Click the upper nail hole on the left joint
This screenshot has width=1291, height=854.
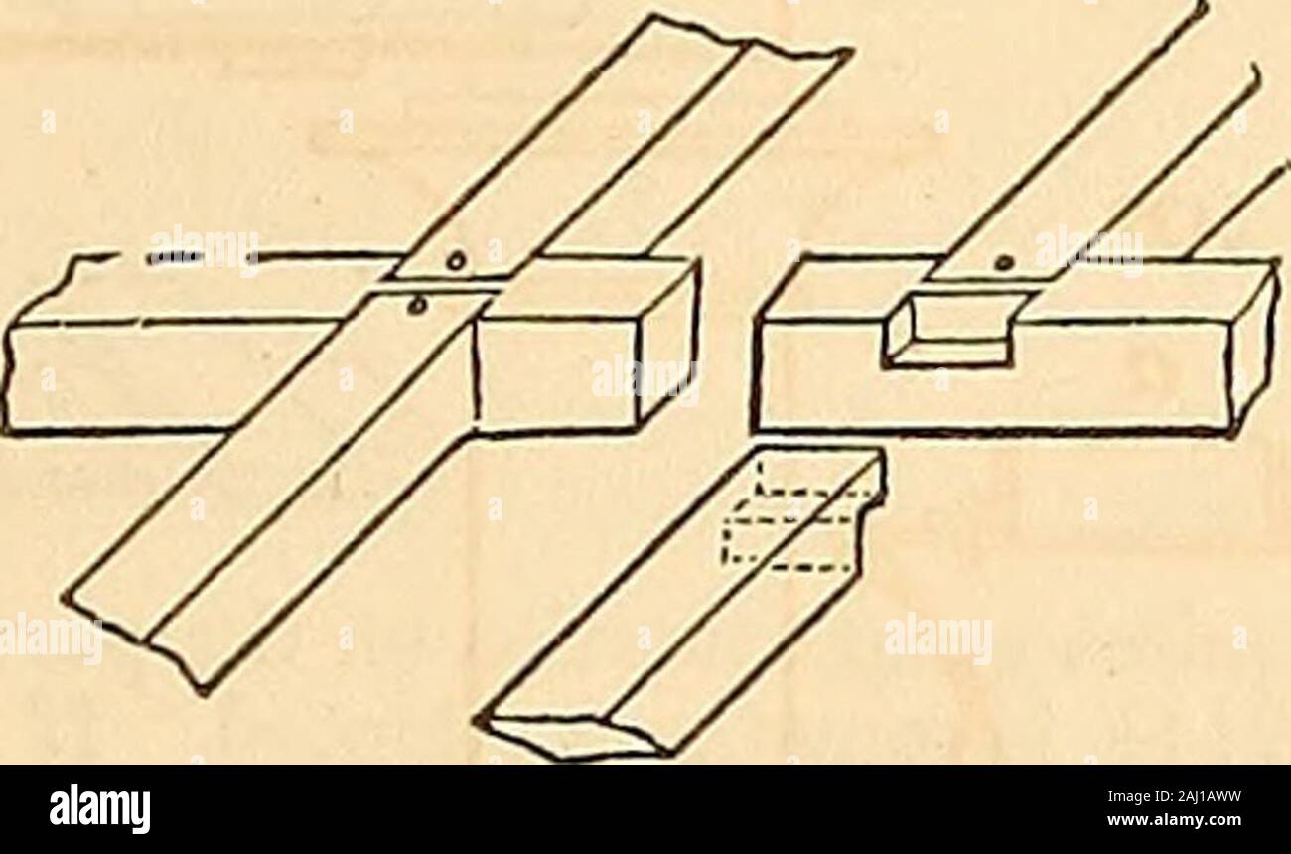coord(455,263)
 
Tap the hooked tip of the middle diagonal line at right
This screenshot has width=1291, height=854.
coord(1254,80)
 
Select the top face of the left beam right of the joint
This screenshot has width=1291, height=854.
coord(594,291)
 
